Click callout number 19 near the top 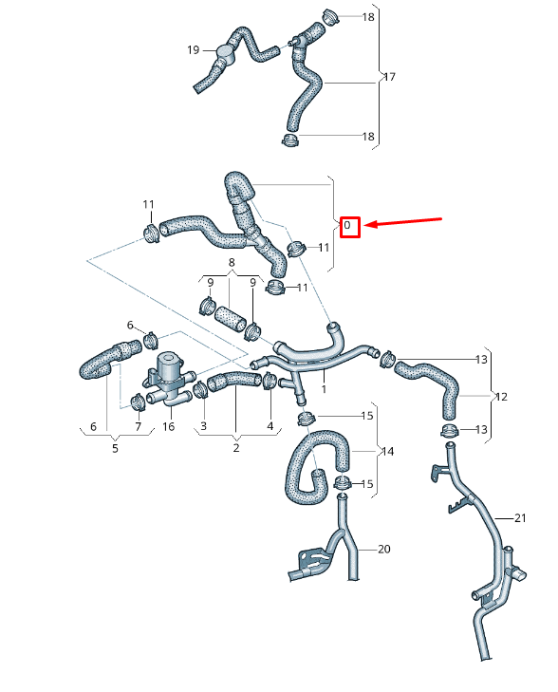tap(193, 49)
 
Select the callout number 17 tap(388, 77)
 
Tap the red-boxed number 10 tap(349, 226)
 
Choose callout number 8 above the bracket tap(231, 262)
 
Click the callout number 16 tap(169, 427)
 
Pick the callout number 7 tap(139, 427)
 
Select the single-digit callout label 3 tap(203, 427)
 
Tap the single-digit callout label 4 tap(270, 427)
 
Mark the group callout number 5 tap(115, 448)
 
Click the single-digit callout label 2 tap(236, 448)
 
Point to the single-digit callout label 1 tap(324, 389)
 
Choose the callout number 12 tap(502, 396)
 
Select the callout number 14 tap(388, 451)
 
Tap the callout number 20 tap(383, 549)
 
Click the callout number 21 tap(519, 518)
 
